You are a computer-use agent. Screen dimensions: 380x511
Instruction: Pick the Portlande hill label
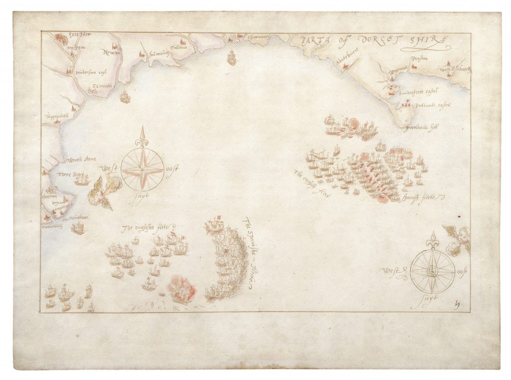pos(421,127)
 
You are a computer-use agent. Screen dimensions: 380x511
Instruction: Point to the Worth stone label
pos(81,160)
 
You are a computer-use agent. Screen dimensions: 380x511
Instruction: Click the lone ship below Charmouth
pos(232,58)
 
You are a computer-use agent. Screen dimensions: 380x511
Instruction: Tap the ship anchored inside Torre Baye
pos(81,179)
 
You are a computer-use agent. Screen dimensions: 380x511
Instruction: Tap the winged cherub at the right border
pos(460,237)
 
